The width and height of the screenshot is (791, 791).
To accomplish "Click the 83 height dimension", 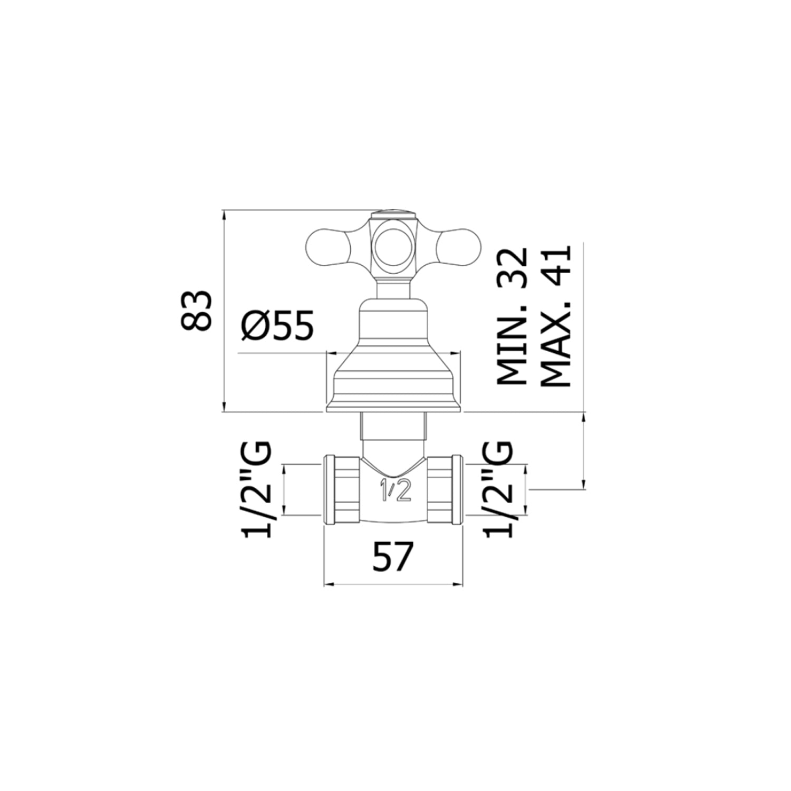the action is point(196,311).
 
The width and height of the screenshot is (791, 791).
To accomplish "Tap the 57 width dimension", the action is point(391,557).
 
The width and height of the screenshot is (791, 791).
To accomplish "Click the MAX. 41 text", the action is point(556,316).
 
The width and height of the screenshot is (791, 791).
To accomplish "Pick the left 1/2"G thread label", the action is point(257,490).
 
